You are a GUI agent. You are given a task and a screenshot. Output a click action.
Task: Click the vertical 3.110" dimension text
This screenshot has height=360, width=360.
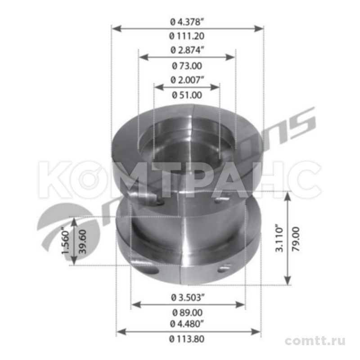pos(279,238)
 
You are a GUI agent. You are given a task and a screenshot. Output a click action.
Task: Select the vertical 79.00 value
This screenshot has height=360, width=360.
pos(296,238)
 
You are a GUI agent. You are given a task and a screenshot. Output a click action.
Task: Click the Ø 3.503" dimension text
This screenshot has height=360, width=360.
pos(188,297)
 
